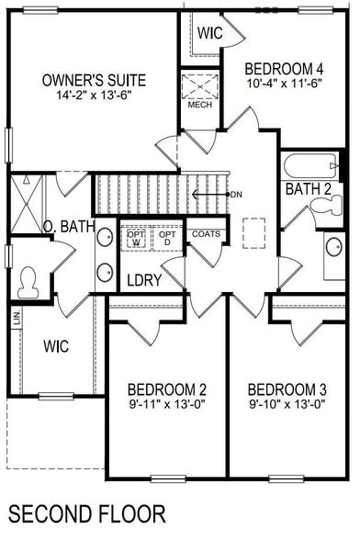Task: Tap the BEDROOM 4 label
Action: (286, 67)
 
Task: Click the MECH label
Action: (199, 105)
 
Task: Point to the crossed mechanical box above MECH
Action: (198, 85)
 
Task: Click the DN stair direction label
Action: (236, 194)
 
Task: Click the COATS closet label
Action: (206, 233)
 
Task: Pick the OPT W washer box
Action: (136, 238)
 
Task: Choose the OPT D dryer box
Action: (166, 238)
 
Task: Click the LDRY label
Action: (144, 280)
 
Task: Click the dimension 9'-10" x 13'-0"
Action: (287, 403)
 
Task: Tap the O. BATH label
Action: (68, 226)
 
